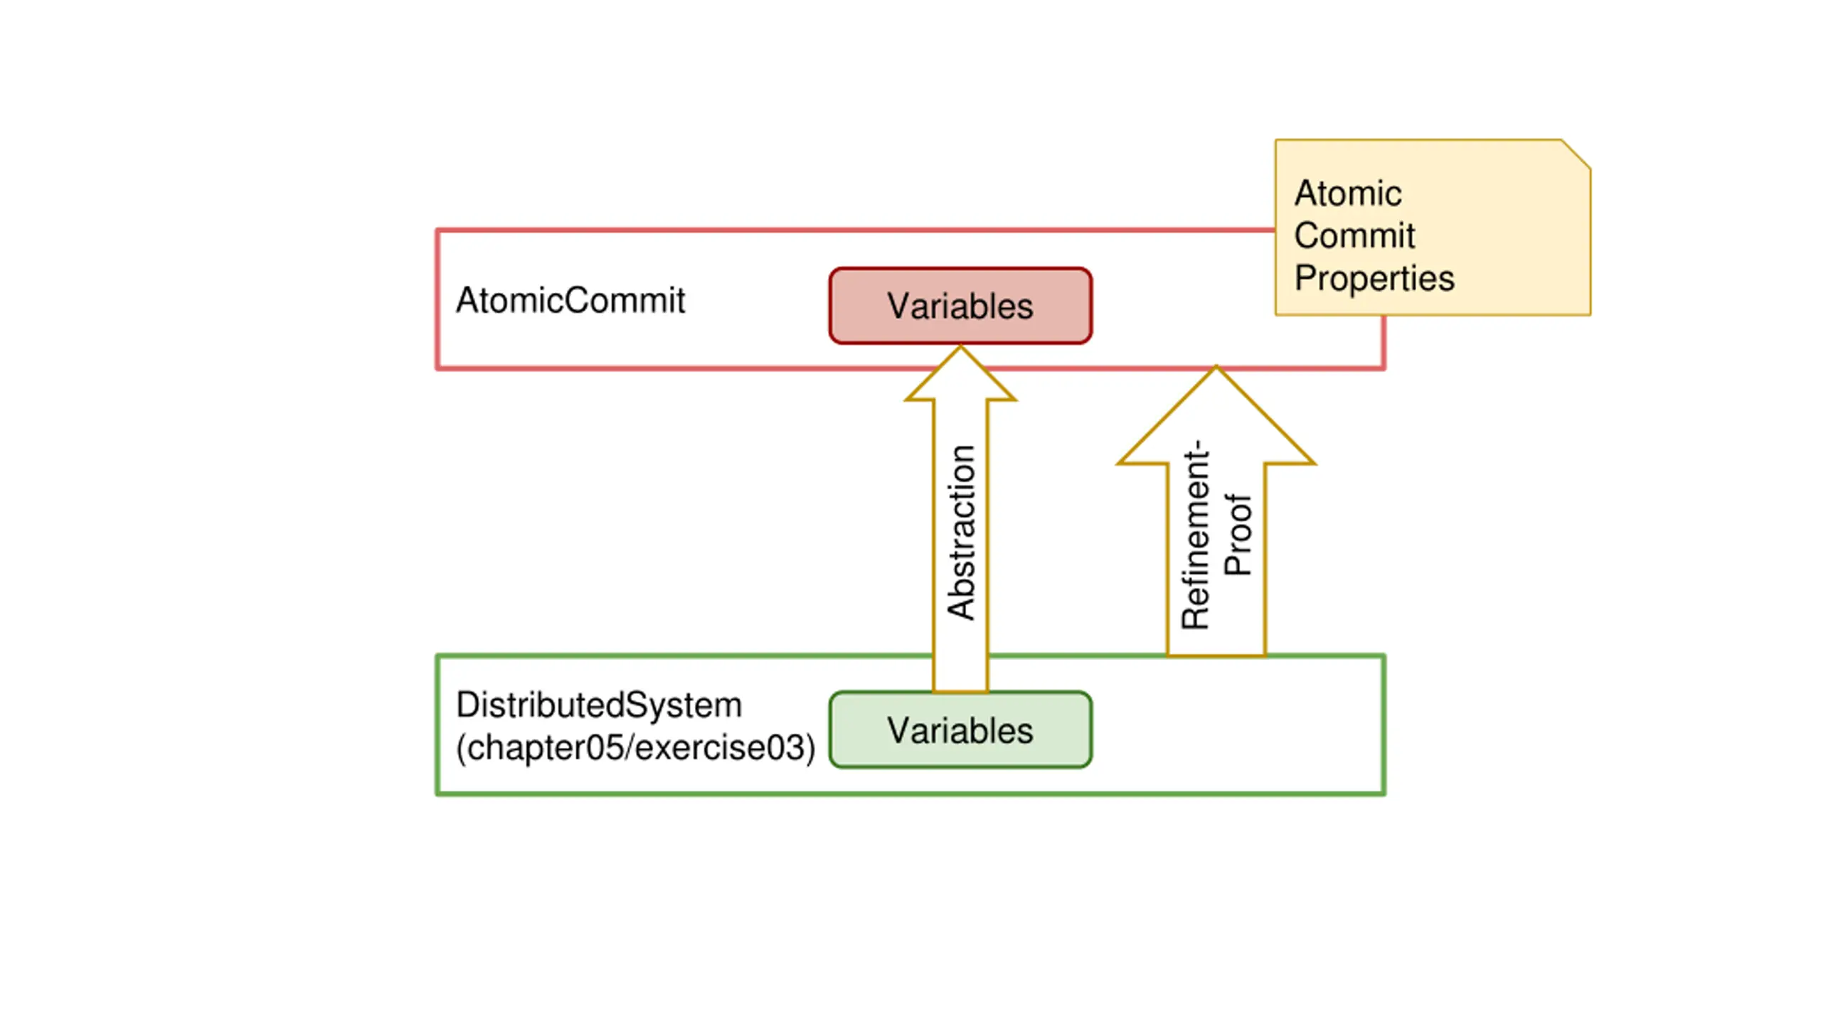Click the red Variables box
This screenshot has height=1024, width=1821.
pos(960,306)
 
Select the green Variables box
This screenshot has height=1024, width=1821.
pos(960,730)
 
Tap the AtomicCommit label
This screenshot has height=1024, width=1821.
pos(570,300)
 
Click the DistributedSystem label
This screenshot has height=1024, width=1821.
pos(599,705)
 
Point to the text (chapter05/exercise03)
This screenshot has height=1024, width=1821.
pos(635,747)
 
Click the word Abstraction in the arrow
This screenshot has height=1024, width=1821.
pos(961,532)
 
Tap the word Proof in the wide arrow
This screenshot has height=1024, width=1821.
pos(1238,535)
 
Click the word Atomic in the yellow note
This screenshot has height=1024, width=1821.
pos(1348,193)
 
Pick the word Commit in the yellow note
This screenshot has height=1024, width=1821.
pos(1354,235)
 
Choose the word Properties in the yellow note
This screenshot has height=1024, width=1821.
pos(1374,278)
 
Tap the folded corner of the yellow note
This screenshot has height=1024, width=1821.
pos(1576,154)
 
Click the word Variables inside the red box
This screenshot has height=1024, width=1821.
pos(960,306)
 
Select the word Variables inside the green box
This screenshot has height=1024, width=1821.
pos(960,731)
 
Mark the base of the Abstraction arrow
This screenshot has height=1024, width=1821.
pos(960,690)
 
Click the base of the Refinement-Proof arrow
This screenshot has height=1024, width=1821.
pos(1216,654)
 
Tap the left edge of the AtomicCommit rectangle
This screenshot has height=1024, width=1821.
pos(437,299)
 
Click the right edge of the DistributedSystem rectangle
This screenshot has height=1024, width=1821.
pos(1384,725)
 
